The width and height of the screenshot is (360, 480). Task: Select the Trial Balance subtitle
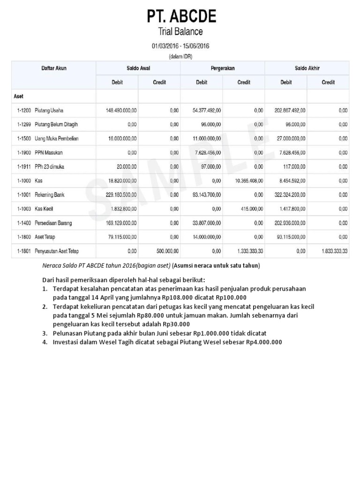point(181,32)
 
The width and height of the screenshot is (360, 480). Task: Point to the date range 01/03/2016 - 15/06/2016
point(180,46)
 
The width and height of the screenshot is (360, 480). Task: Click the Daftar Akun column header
point(54,68)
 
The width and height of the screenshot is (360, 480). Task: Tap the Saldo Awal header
point(138,68)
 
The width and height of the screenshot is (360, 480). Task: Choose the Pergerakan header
point(223,68)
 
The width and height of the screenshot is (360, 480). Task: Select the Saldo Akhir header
point(307,68)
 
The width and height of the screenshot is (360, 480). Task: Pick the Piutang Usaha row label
point(49,111)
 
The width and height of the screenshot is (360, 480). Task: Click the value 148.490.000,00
point(121,111)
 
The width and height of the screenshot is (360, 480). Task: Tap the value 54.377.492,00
point(207,111)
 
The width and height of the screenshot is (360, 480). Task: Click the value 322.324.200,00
point(290,195)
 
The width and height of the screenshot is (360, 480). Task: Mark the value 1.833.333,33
point(334,251)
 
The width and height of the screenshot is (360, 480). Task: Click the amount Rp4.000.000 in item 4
point(264,342)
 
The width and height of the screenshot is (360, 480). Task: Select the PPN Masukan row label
point(48,152)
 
